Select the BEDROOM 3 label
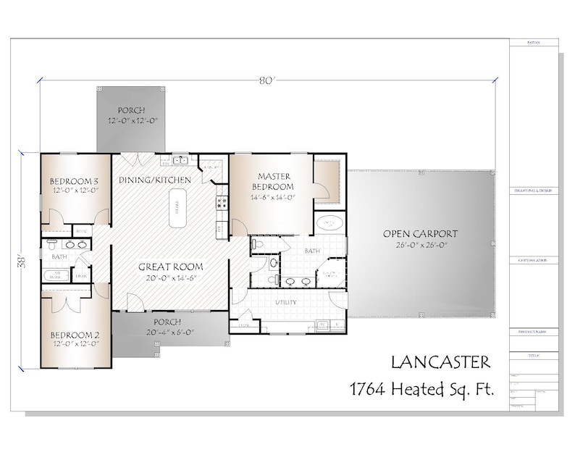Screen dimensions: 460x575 [74, 180]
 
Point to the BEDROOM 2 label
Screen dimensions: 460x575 [75, 335]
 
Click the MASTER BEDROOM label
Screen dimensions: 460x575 [274, 182]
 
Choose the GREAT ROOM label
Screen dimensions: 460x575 [170, 266]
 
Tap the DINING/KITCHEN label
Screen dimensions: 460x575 [155, 180]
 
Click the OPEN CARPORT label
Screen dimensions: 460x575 [420, 233]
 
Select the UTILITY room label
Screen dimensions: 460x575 [287, 301]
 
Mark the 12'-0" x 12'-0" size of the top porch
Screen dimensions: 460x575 [133, 120]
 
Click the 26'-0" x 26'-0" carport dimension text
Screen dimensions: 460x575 [420, 245]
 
